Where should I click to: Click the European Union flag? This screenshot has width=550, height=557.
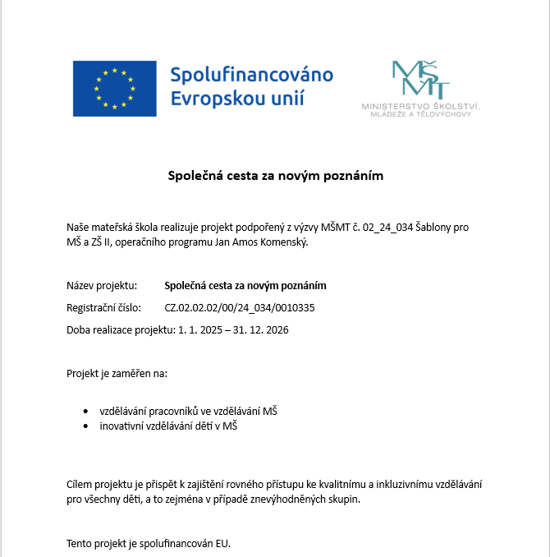pyautogui.click(x=114, y=88)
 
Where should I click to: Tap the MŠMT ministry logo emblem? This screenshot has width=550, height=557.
pyautogui.click(x=420, y=80)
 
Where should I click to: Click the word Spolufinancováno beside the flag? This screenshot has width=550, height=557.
pyautogui.click(x=251, y=75)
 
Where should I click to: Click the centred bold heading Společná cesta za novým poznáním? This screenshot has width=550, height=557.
pyautogui.click(x=275, y=176)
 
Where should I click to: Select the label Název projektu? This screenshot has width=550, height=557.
pyautogui.click(x=101, y=286)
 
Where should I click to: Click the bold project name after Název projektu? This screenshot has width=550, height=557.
pyautogui.click(x=245, y=286)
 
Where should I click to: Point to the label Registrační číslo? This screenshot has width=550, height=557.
pyautogui.click(x=104, y=308)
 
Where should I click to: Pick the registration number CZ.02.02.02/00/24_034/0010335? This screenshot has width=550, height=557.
pyautogui.click(x=240, y=308)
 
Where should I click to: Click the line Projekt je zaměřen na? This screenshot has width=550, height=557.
pyautogui.click(x=117, y=373)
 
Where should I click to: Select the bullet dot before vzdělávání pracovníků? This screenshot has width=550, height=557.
pyautogui.click(x=86, y=411)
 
